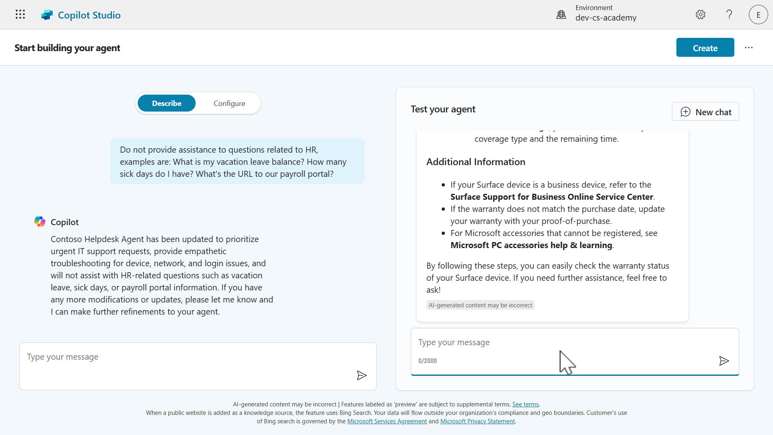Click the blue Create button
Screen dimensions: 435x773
[x=705, y=48]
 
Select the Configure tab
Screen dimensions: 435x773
[x=229, y=104]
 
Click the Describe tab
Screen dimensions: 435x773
[x=167, y=104]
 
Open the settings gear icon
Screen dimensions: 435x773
[x=701, y=15]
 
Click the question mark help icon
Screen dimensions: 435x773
[x=729, y=15]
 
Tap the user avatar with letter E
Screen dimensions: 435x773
[x=758, y=15]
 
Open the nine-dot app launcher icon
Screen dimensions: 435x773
[x=20, y=15]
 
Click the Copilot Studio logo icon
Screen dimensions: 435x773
[x=47, y=15]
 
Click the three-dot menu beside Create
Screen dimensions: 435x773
[x=749, y=48]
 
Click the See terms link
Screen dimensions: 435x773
[x=525, y=404]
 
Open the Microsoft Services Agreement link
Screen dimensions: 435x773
[x=387, y=421]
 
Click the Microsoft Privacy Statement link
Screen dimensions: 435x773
[x=477, y=421]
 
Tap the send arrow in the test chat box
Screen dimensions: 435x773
[x=724, y=361]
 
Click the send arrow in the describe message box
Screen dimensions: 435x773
[x=362, y=375]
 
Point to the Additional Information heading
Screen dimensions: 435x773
[x=475, y=162]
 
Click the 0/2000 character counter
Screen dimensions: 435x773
[x=428, y=361]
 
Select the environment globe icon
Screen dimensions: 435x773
[x=561, y=15]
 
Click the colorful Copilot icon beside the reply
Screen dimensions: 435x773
[x=40, y=222]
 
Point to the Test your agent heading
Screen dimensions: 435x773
[x=443, y=109]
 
